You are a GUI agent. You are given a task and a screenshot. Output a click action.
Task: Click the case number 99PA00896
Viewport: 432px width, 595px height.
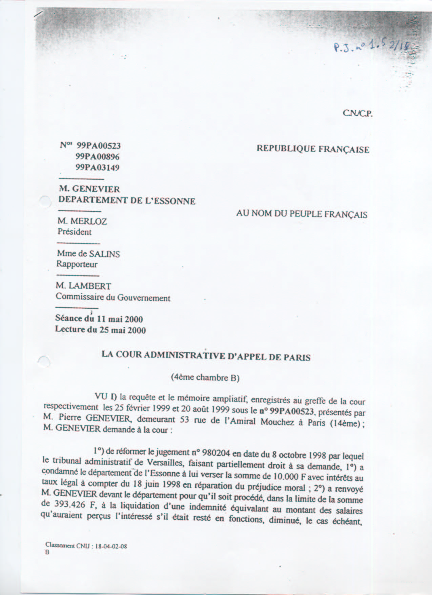(98, 157)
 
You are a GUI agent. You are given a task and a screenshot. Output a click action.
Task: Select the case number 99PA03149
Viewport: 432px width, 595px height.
(98, 168)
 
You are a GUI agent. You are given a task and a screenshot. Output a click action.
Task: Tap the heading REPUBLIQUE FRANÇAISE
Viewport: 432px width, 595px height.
(313, 149)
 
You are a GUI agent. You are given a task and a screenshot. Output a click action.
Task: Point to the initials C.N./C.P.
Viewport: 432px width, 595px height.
(357, 114)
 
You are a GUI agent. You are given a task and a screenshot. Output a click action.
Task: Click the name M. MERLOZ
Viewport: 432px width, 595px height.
(82, 221)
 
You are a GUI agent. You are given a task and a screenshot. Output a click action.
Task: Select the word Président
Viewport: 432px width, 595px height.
(75, 232)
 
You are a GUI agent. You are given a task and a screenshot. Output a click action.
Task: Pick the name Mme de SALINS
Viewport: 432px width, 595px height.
(88, 254)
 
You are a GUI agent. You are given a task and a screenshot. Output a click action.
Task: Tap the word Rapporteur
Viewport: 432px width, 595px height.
(77, 264)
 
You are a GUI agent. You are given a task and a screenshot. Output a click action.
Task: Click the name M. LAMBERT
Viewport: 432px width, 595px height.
(83, 286)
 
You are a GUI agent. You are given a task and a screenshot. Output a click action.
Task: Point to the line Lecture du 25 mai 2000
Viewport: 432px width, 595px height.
(100, 330)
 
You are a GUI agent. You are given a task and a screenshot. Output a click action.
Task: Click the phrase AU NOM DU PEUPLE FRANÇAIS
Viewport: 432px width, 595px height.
(302, 214)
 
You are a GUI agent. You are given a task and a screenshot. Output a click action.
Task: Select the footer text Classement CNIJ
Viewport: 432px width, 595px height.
(86, 546)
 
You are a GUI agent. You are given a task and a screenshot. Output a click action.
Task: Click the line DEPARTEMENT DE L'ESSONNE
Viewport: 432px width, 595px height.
(127, 200)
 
